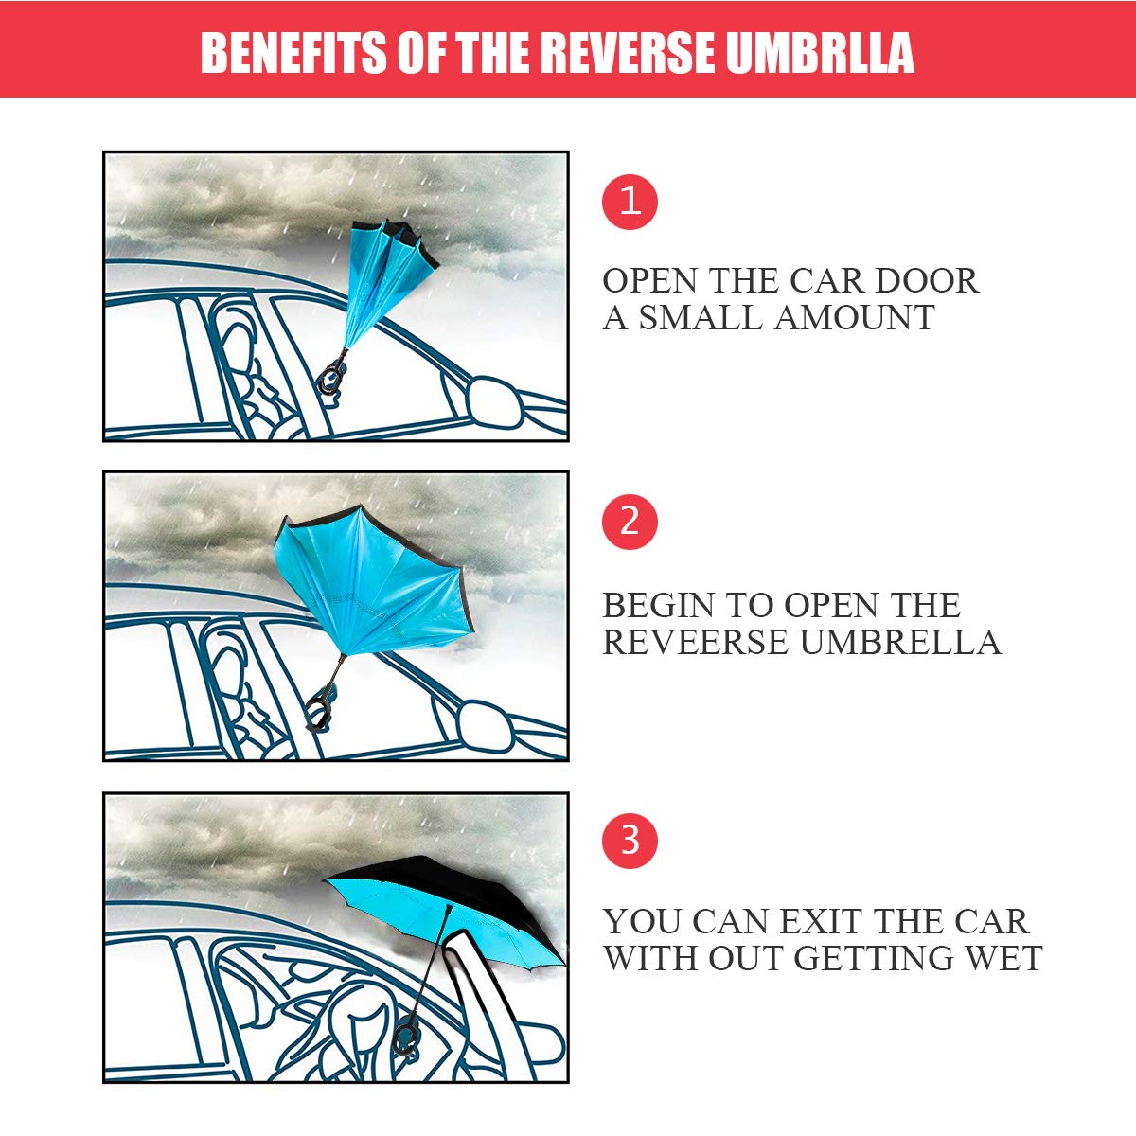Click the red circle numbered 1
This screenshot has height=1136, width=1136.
630,202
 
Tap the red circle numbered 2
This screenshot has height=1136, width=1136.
630,522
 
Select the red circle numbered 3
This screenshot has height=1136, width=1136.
630,841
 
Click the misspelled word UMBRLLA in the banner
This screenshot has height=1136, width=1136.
820,53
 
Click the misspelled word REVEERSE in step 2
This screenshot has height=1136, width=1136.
696,642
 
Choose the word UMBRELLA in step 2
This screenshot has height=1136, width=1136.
899,642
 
